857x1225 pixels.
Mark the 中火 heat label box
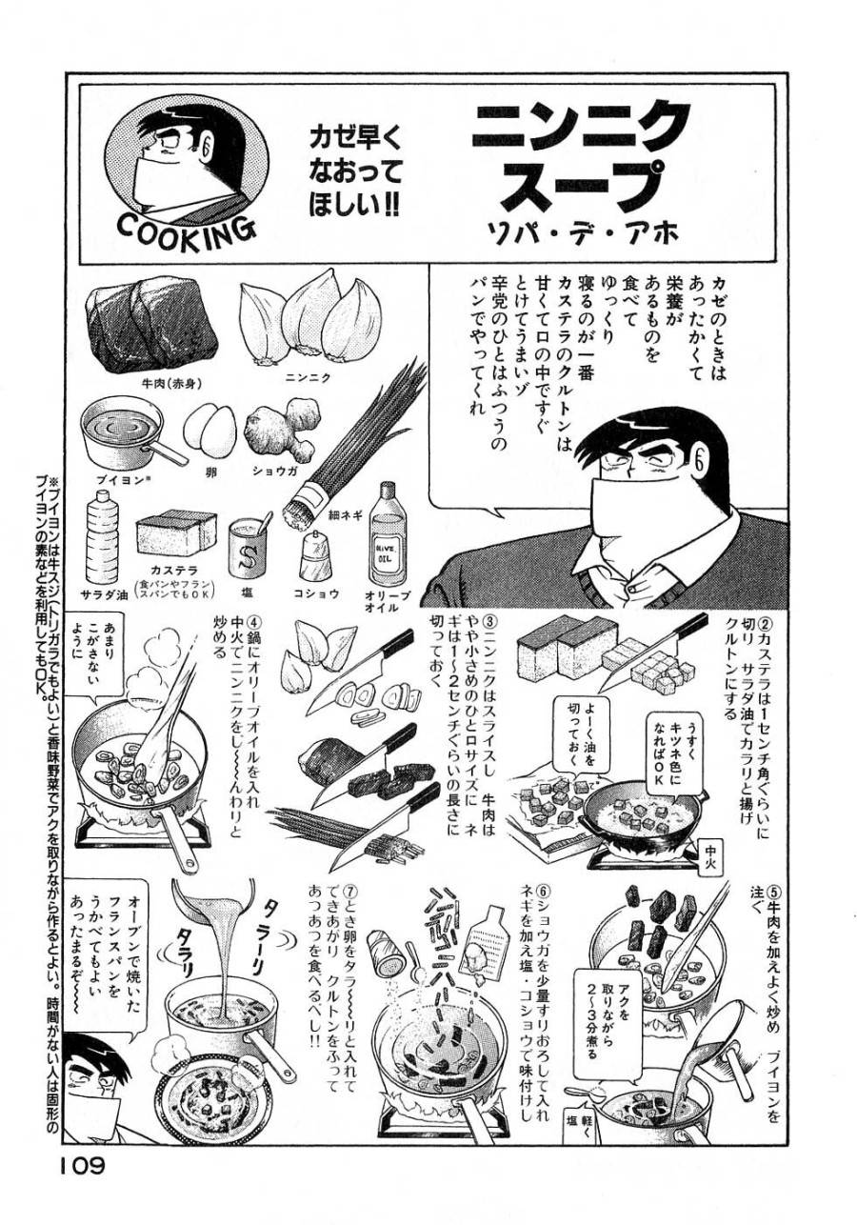tap(715, 851)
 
